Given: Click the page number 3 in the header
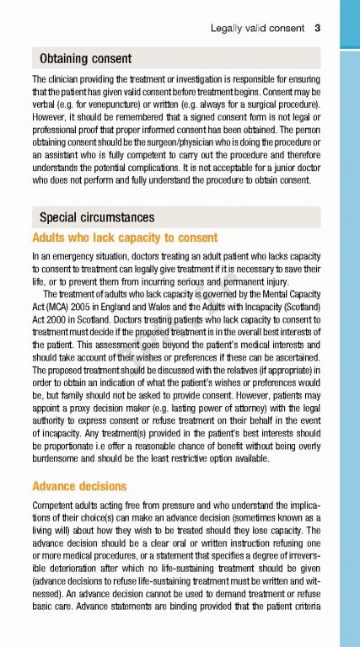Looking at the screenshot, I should [317, 28].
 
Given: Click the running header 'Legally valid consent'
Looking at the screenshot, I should [257, 28].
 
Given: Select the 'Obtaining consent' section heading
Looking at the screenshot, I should [85, 58].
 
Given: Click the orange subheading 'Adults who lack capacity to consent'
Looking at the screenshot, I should [125, 237].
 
